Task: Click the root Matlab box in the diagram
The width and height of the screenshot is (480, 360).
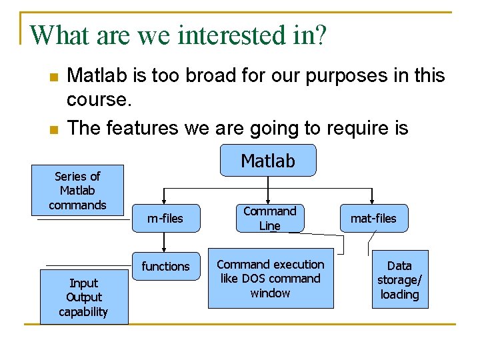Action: click(267, 161)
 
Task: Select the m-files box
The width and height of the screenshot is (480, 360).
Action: click(165, 218)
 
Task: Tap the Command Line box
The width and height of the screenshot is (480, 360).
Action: click(269, 218)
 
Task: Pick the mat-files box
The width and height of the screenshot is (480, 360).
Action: click(373, 218)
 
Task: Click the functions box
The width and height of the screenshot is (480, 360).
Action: click(165, 266)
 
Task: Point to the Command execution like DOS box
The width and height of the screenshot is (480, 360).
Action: click(270, 279)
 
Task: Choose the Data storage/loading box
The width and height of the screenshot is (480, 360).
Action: click(399, 279)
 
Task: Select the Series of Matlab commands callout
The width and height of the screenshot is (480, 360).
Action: click(77, 190)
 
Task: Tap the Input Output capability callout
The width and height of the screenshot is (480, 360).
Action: click(83, 297)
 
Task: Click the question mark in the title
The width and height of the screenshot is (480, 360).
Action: click(321, 35)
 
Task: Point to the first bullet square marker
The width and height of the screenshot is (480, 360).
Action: click(53, 77)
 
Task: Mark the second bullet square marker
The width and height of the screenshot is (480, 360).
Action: click(53, 129)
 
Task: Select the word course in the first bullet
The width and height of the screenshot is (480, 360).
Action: click(95, 100)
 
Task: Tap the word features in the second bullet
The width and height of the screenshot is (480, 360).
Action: click(143, 127)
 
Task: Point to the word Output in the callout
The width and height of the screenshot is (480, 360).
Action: click(83, 297)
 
